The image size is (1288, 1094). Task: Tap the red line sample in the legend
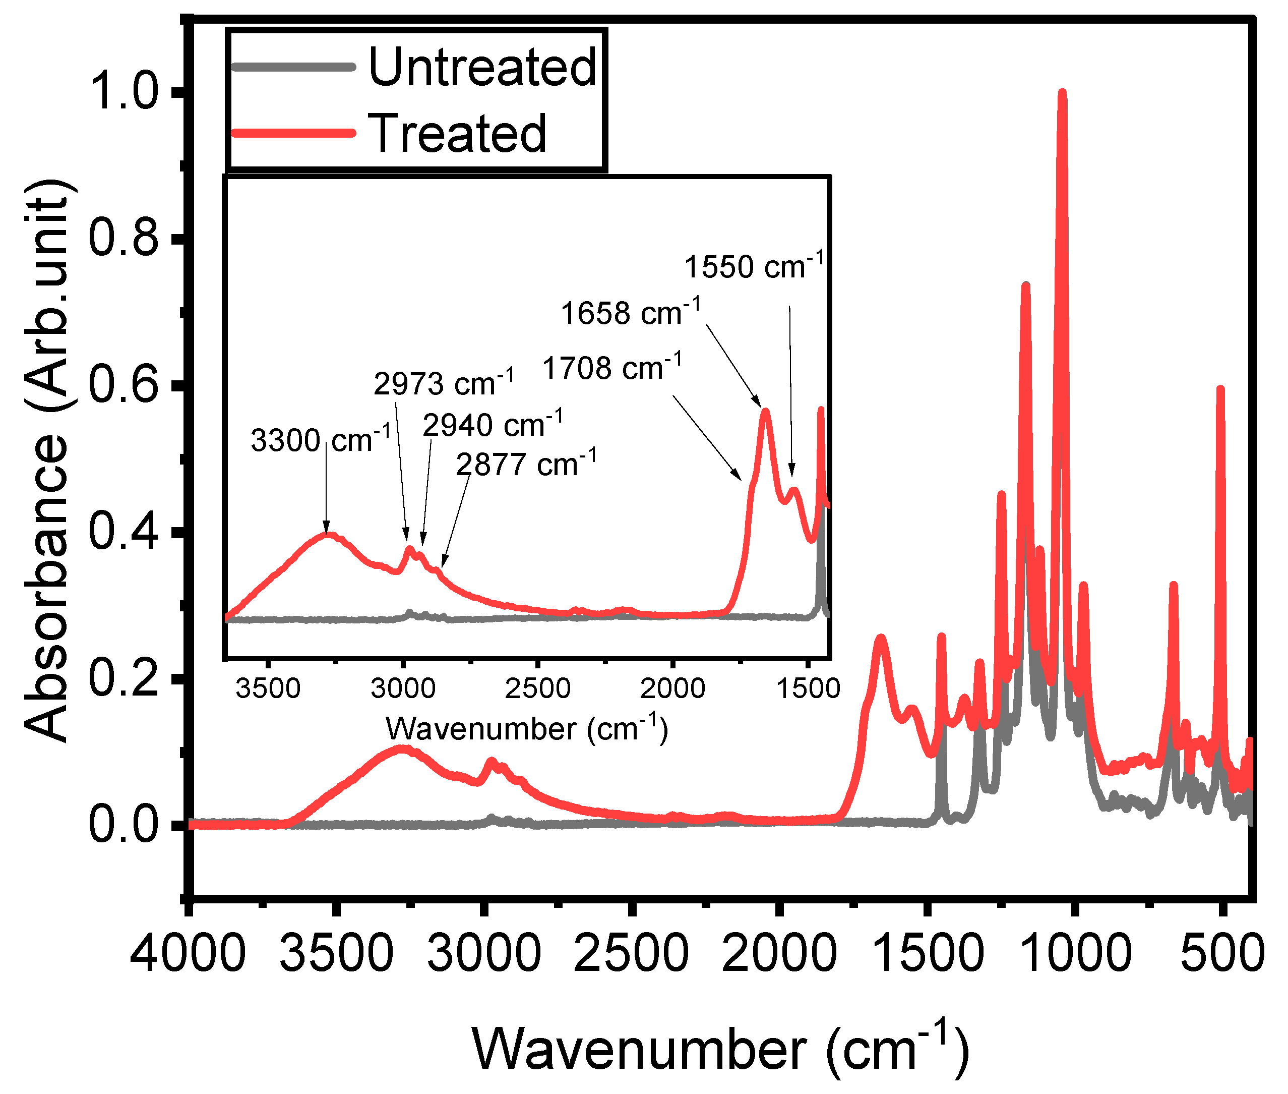point(292,133)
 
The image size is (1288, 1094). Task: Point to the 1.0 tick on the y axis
point(124,92)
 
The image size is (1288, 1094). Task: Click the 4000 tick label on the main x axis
point(188,953)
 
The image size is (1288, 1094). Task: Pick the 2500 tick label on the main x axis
point(631,953)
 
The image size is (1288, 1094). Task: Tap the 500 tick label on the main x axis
point(1221,953)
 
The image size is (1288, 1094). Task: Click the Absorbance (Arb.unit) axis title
point(46,459)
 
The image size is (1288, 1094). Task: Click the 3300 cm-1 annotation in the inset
point(321,440)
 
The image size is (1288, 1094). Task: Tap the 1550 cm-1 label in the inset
point(754,266)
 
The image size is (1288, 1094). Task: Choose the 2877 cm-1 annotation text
point(526,464)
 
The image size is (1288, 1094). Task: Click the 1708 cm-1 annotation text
point(612,368)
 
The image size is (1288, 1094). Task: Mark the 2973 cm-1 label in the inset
point(443,383)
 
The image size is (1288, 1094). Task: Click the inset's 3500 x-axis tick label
point(268,688)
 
